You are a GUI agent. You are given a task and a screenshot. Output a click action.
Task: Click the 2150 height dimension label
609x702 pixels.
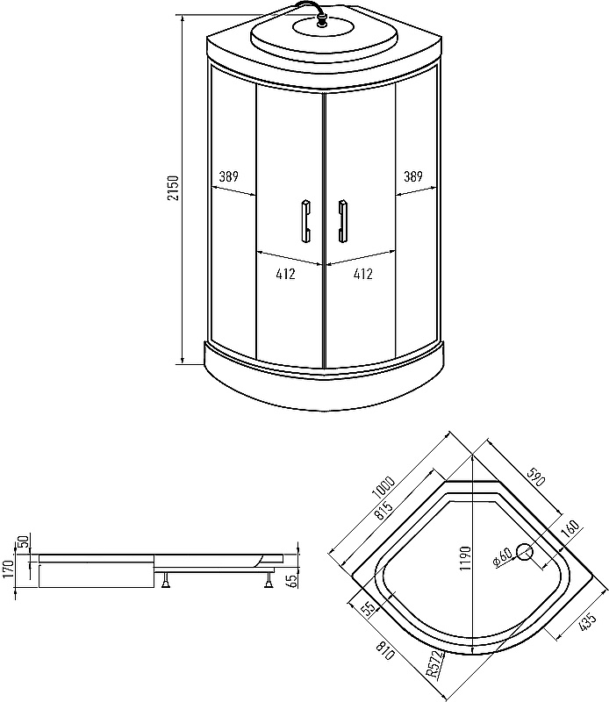click(x=173, y=188)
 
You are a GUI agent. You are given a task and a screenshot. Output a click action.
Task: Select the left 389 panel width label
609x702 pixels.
click(x=228, y=177)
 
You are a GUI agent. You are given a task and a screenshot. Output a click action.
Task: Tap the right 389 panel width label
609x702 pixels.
click(x=412, y=177)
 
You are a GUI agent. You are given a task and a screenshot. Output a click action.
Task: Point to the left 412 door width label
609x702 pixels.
click(x=286, y=274)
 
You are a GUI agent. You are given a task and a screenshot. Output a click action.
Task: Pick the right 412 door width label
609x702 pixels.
click(x=362, y=274)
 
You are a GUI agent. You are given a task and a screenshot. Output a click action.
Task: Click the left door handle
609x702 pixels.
click(x=306, y=221)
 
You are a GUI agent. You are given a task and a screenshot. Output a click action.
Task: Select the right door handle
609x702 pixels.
click(x=342, y=221)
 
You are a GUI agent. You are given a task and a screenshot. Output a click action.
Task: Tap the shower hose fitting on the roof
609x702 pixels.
click(x=321, y=19)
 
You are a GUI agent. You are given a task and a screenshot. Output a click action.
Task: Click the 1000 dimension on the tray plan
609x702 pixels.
click(x=383, y=488)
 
